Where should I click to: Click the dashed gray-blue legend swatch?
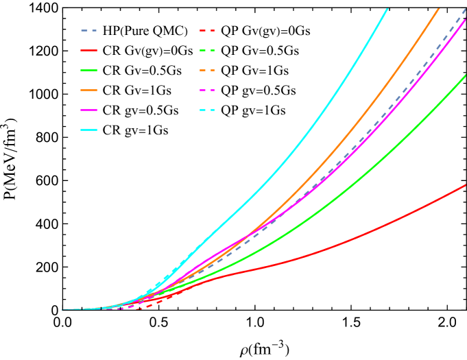coord(89,31)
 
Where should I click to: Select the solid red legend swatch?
coord(89,50)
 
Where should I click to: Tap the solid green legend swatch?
coord(89,70)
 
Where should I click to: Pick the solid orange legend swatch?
coord(89,90)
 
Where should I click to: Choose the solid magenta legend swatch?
coord(89,110)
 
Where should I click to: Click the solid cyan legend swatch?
coord(89,130)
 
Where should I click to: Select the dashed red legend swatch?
coord(207,31)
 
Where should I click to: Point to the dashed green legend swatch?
coord(207,50)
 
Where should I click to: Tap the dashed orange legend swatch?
coord(207,70)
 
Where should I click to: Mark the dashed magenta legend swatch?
coord(207,90)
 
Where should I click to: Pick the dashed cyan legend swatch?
coord(207,110)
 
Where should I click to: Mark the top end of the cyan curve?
coord(387,9)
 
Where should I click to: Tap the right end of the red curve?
coord(466,184)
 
